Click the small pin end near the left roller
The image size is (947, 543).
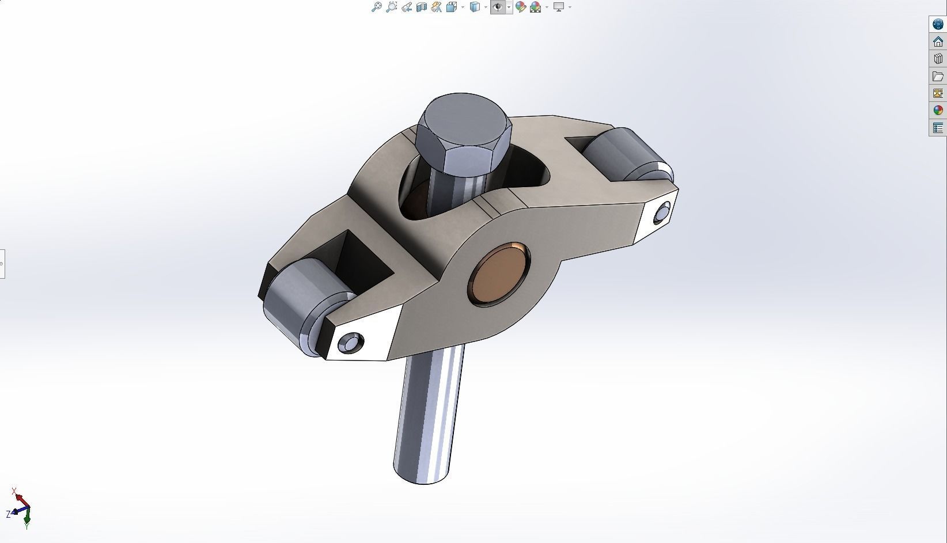[x=351, y=343]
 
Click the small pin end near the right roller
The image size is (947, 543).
[x=662, y=212]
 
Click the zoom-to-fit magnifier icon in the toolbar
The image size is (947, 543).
[x=376, y=7]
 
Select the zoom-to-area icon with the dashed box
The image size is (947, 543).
[x=391, y=7]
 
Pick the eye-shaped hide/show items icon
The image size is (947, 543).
[x=498, y=7]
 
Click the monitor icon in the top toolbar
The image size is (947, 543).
[x=558, y=7]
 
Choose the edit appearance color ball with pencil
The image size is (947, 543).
[x=520, y=7]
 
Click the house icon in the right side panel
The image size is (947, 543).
[x=938, y=41]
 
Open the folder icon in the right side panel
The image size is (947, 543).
[x=938, y=76]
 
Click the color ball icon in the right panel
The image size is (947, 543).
[x=938, y=110]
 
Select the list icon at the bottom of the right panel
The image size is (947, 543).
[x=938, y=128]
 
